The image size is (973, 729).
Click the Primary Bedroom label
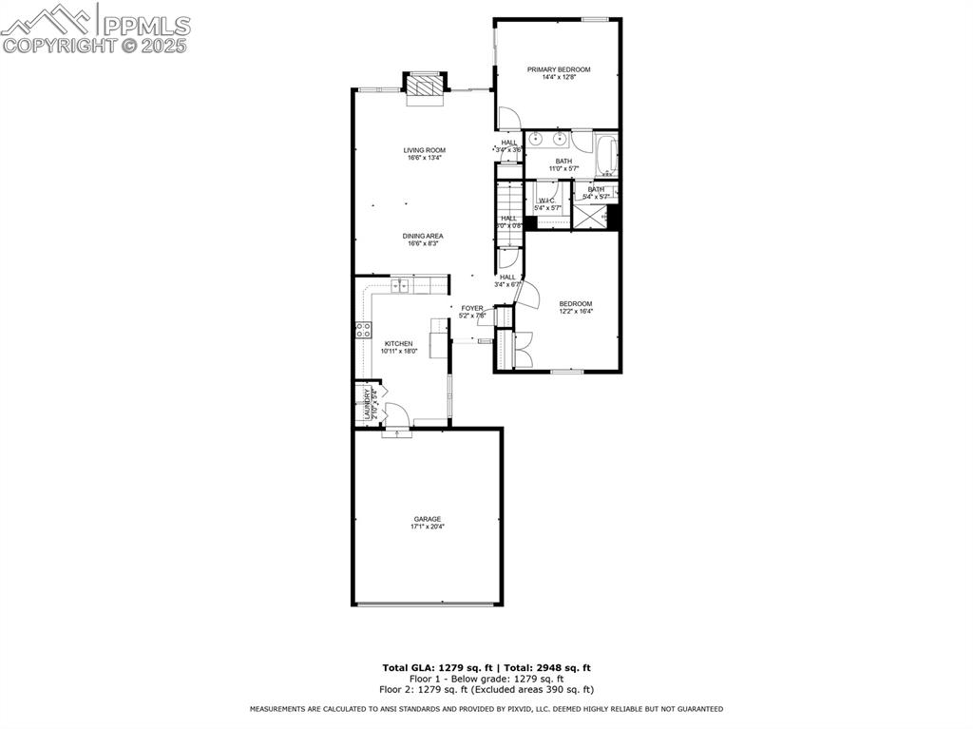pos(559,69)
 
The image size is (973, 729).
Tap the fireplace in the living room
pos(425,86)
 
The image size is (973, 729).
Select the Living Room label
pos(424,150)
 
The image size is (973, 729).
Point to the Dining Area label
pos(423,236)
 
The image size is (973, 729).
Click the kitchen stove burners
pos(362,331)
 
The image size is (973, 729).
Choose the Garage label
pos(427,519)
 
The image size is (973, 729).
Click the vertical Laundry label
pos(367,405)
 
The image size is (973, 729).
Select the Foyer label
pos(472,308)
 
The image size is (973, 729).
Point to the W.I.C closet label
pos(546,201)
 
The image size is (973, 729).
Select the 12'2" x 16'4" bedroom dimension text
pos(575,311)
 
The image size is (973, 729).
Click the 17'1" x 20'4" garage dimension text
pos(427,527)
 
